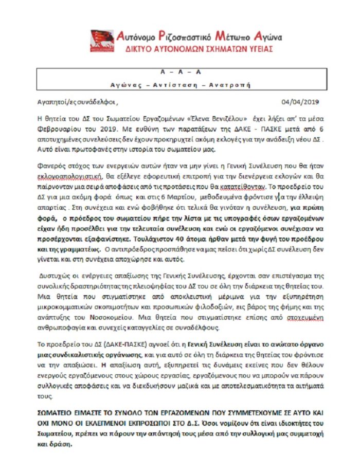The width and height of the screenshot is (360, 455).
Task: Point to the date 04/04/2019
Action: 301,101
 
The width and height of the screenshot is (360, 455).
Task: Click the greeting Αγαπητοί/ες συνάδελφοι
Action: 78,101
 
